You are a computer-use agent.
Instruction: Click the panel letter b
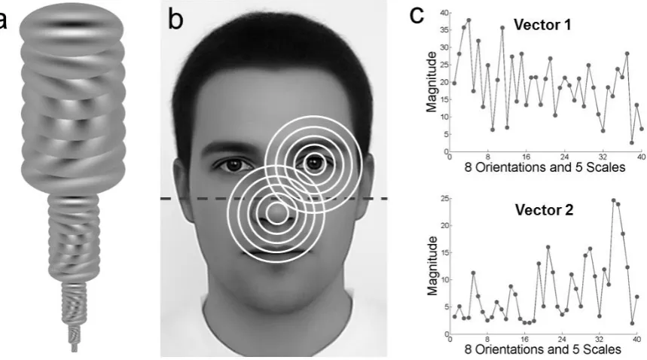point(175,20)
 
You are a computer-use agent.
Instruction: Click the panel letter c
point(417,16)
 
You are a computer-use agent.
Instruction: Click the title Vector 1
point(542,25)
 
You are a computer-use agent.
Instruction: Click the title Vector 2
point(544,210)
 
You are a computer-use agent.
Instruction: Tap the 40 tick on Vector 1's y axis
point(444,13)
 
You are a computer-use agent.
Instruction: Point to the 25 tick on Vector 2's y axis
point(444,199)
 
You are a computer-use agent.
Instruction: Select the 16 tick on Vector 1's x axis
point(526,157)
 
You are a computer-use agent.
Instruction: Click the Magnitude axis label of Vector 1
point(431,82)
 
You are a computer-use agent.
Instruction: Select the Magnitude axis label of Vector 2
point(432,266)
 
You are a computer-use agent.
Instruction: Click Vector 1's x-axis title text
point(545,167)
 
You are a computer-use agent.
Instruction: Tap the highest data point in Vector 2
point(614,200)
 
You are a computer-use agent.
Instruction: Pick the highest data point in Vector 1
point(468,20)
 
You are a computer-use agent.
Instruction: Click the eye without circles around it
point(233,164)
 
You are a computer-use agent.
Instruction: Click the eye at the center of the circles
point(314,163)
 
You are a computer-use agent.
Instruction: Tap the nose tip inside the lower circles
point(276,213)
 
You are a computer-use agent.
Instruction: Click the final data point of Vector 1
point(642,129)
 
